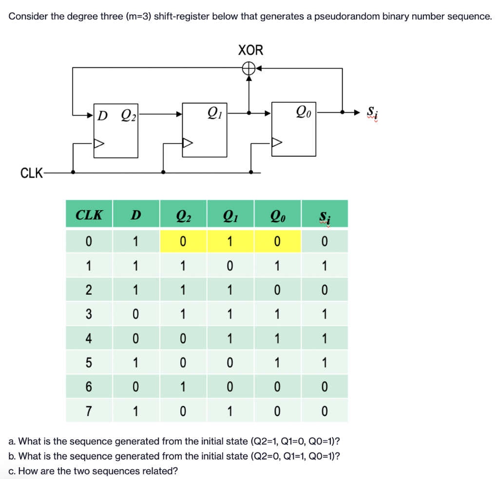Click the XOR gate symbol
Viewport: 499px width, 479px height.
pyautogui.click(x=249, y=69)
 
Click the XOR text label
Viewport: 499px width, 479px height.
pyautogui.click(x=250, y=50)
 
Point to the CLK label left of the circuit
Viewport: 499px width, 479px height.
pyautogui.click(x=30, y=173)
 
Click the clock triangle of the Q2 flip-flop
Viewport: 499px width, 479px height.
pyautogui.click(x=99, y=143)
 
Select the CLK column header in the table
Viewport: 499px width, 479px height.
pyautogui.click(x=89, y=215)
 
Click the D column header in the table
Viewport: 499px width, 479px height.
pyautogui.click(x=136, y=215)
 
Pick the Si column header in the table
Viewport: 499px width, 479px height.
pyautogui.click(x=325, y=215)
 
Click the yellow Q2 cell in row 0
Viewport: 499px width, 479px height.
pyautogui.click(x=183, y=241)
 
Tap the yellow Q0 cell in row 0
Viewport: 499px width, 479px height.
pyautogui.click(x=277, y=241)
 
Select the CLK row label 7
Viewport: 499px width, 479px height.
pyautogui.click(x=89, y=411)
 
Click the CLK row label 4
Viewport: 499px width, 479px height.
pyautogui.click(x=89, y=338)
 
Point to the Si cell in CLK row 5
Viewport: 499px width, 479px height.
pyautogui.click(x=325, y=362)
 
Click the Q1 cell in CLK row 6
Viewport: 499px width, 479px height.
pyautogui.click(x=230, y=387)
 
